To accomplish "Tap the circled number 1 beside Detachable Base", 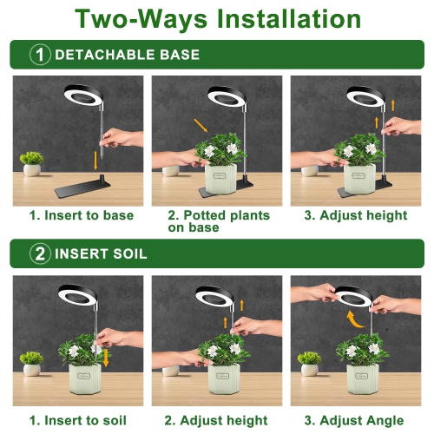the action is (x=40, y=55).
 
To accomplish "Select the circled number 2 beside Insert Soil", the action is (x=40, y=253).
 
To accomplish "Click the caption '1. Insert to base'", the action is (x=82, y=215).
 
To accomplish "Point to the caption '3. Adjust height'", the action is (x=356, y=216).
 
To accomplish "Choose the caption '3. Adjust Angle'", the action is (x=354, y=421).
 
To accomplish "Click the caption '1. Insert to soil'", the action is (x=78, y=421).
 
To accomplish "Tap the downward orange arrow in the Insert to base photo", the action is (x=95, y=161).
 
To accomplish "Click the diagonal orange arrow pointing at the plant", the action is (x=201, y=125).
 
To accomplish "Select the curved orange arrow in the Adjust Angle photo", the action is (x=353, y=320).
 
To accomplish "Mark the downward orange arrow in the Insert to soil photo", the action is (x=106, y=358).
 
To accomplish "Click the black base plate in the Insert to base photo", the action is (x=82, y=187).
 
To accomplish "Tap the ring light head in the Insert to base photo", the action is (x=83, y=95).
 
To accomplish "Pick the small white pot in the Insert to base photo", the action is (x=32, y=170).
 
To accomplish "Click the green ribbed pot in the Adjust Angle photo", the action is (x=362, y=379).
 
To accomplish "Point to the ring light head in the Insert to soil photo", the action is (x=77, y=294).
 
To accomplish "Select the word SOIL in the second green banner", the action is (x=130, y=253).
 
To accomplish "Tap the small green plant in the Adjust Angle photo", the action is (x=309, y=358).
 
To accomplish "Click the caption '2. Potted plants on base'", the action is (x=219, y=221).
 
